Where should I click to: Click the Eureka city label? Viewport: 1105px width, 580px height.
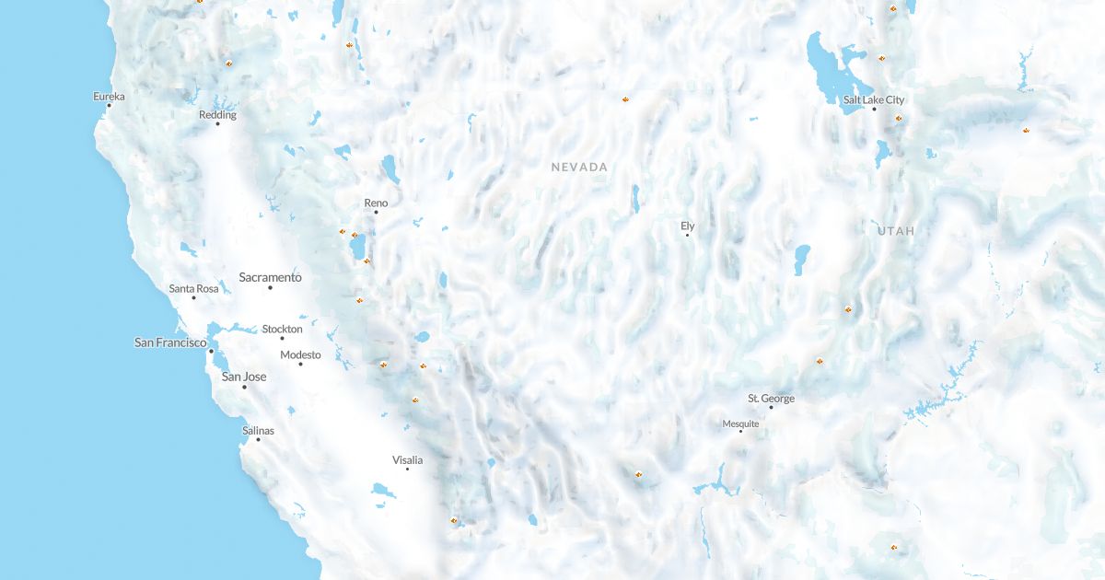[x=109, y=96]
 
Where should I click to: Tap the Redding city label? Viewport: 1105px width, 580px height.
[x=217, y=115]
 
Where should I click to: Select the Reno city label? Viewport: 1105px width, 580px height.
[x=376, y=203]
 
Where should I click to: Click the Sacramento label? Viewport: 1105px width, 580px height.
[x=270, y=277]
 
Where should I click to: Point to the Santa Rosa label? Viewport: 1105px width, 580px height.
[x=193, y=289]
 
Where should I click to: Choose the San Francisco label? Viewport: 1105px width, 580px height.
[x=170, y=342]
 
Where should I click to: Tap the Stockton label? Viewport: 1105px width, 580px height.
[x=282, y=329]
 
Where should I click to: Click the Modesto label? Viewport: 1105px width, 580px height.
[x=300, y=355]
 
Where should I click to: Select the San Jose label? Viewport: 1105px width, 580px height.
[x=244, y=377]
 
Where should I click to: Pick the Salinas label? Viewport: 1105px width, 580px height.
[x=258, y=430]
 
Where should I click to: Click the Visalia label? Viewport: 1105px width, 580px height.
[x=407, y=459]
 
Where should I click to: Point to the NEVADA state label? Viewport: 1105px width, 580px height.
[x=579, y=168]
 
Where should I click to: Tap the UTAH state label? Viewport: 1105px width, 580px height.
[x=896, y=231]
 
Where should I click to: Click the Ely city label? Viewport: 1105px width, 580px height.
[x=687, y=226]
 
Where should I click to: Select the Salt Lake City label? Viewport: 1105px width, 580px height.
[x=874, y=99]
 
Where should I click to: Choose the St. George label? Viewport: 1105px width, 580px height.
[x=771, y=399]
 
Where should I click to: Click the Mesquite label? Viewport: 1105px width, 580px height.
[x=740, y=423]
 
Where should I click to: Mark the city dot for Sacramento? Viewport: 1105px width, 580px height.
[x=270, y=288]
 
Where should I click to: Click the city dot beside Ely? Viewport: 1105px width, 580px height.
[x=687, y=235]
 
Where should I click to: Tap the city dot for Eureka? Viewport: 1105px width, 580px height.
[x=109, y=105]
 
